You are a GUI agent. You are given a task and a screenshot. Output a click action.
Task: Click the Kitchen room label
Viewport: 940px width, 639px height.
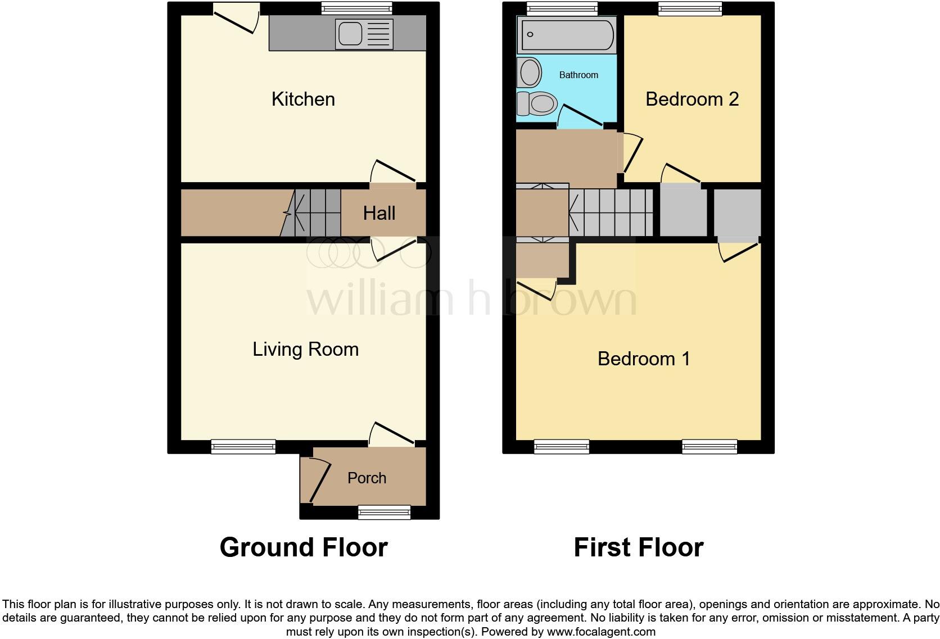(303, 99)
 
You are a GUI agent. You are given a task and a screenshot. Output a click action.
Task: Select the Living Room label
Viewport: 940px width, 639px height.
(305, 350)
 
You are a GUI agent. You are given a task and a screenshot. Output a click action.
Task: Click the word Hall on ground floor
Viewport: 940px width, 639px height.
(379, 214)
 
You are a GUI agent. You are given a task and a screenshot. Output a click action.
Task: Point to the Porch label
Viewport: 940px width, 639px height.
(367, 478)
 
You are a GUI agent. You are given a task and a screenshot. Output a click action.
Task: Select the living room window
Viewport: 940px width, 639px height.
(243, 447)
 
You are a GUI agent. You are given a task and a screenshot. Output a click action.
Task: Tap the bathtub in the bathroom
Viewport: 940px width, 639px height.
(566, 35)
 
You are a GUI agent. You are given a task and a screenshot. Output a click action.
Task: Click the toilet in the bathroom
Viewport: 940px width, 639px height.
(537, 103)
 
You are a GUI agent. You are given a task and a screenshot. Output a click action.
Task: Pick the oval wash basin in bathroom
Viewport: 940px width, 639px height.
(530, 72)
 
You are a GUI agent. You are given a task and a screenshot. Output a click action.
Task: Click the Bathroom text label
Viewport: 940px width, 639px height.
(579, 75)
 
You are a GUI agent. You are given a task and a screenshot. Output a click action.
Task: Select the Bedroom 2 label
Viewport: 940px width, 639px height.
(692, 99)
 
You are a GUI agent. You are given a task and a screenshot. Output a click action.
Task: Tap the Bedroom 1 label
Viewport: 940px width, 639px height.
(644, 359)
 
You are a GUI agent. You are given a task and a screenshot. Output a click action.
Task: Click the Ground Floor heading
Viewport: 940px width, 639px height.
(304, 547)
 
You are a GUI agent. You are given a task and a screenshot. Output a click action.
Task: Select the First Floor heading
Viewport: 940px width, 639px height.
(638, 547)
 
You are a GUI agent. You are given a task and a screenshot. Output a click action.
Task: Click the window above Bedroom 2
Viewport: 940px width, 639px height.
(690, 8)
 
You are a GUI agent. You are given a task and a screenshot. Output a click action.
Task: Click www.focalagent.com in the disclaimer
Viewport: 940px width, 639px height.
(600, 632)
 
